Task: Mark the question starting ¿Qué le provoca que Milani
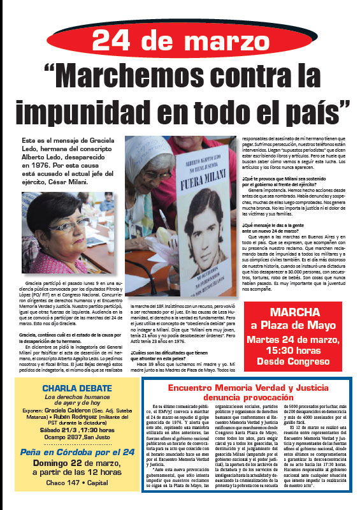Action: [288, 180]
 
